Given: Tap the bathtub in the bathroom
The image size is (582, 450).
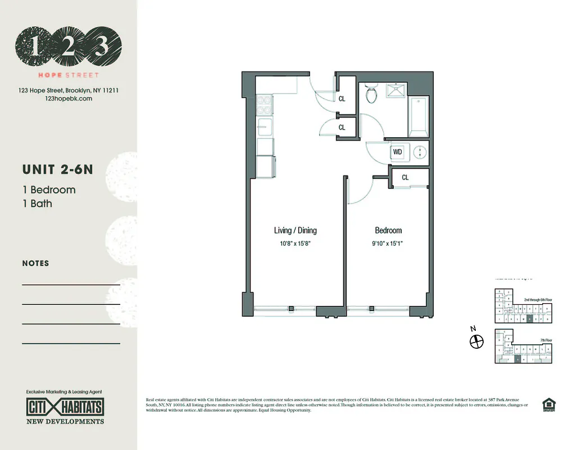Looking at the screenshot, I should (x=419, y=117).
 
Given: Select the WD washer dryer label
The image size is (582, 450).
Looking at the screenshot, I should (x=398, y=152).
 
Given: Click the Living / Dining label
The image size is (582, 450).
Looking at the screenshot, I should (x=295, y=230).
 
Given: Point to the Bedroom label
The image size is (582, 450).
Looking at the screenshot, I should (x=388, y=230).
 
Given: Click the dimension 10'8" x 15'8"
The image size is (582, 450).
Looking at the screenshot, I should (x=295, y=244).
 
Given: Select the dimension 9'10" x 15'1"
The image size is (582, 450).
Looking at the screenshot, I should (x=388, y=244).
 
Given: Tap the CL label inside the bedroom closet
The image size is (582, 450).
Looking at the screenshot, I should (x=405, y=177).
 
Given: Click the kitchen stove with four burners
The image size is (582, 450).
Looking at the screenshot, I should (x=264, y=105).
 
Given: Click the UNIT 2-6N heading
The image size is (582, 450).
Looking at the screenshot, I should (x=57, y=169).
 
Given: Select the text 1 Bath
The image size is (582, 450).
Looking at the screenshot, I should (x=37, y=204).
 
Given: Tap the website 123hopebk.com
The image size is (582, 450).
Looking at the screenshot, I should (x=67, y=98).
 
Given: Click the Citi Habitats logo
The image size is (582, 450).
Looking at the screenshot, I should (x=65, y=406).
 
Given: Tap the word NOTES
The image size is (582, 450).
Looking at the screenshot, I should (x=35, y=263).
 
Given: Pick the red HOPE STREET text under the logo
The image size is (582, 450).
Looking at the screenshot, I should (x=68, y=75).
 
